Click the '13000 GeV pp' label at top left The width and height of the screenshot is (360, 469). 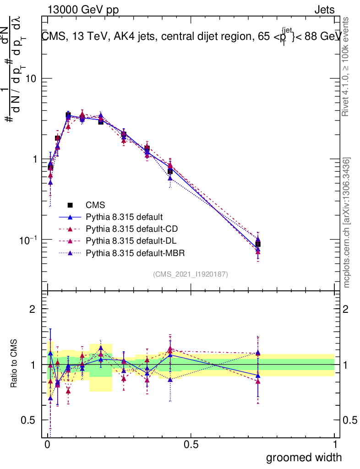click(82, 10)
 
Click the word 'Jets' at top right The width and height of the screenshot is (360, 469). click(324, 10)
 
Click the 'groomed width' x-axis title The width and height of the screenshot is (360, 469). click(304, 457)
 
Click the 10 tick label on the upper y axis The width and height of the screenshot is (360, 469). click(31, 78)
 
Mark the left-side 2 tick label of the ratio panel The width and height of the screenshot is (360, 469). click(32, 309)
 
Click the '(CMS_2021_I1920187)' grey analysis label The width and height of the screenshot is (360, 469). click(191, 274)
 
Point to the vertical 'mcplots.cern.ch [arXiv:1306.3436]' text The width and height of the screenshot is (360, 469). click(347, 223)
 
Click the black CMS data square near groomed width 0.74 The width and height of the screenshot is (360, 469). click(258, 244)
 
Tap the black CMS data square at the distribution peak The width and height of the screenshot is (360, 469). click(68, 115)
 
